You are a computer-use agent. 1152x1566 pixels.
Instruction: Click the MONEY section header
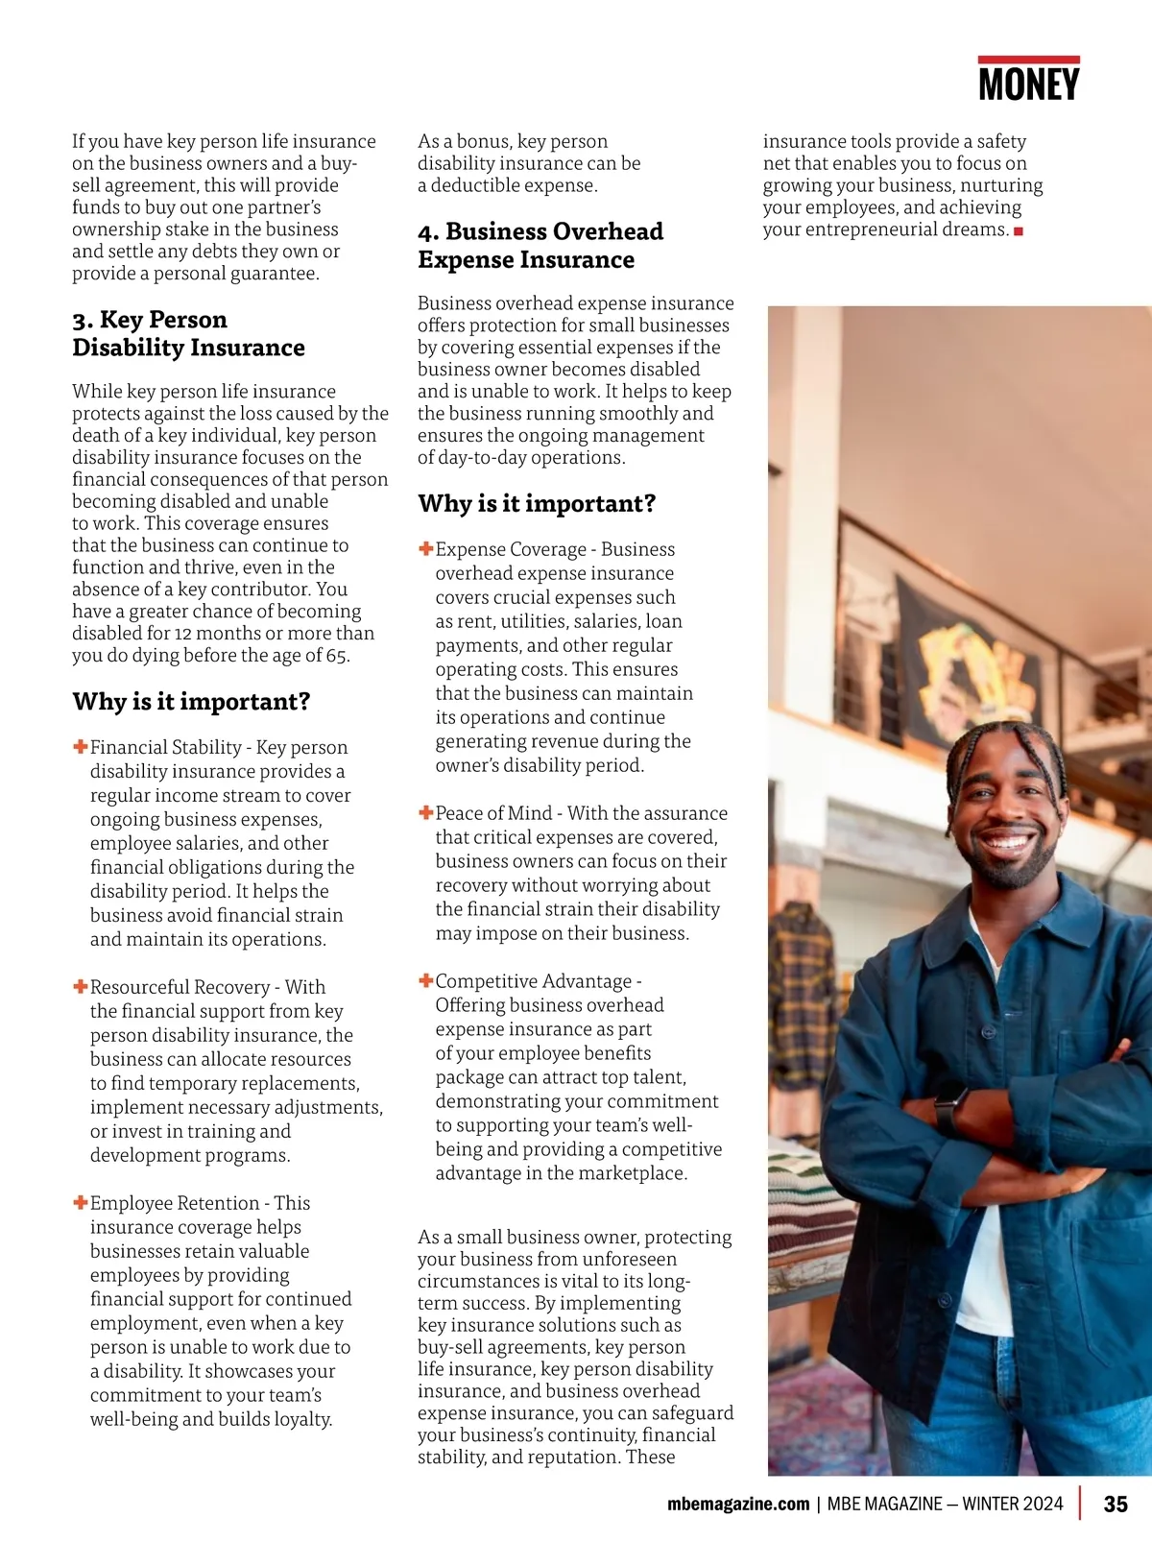click(x=1028, y=84)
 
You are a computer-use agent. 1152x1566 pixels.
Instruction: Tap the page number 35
click(x=1116, y=1504)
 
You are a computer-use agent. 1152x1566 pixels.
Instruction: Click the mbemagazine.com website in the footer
click(x=738, y=1504)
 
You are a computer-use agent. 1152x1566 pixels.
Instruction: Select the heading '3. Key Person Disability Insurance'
click(x=189, y=333)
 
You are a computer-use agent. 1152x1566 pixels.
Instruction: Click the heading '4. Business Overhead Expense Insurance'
click(x=540, y=246)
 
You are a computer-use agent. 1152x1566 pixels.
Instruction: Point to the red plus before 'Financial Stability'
click(x=81, y=746)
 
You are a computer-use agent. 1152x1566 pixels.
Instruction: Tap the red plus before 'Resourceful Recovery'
click(x=81, y=986)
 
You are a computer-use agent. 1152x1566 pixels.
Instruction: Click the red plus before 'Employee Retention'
click(x=81, y=1202)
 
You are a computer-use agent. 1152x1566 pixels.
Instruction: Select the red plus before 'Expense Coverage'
click(x=426, y=548)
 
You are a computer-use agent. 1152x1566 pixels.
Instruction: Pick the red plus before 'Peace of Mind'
click(x=426, y=812)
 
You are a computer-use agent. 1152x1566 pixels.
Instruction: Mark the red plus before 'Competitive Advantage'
click(x=426, y=980)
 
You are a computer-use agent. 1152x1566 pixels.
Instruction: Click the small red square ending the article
click(x=1019, y=231)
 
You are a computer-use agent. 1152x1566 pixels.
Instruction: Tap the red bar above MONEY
click(x=1028, y=60)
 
